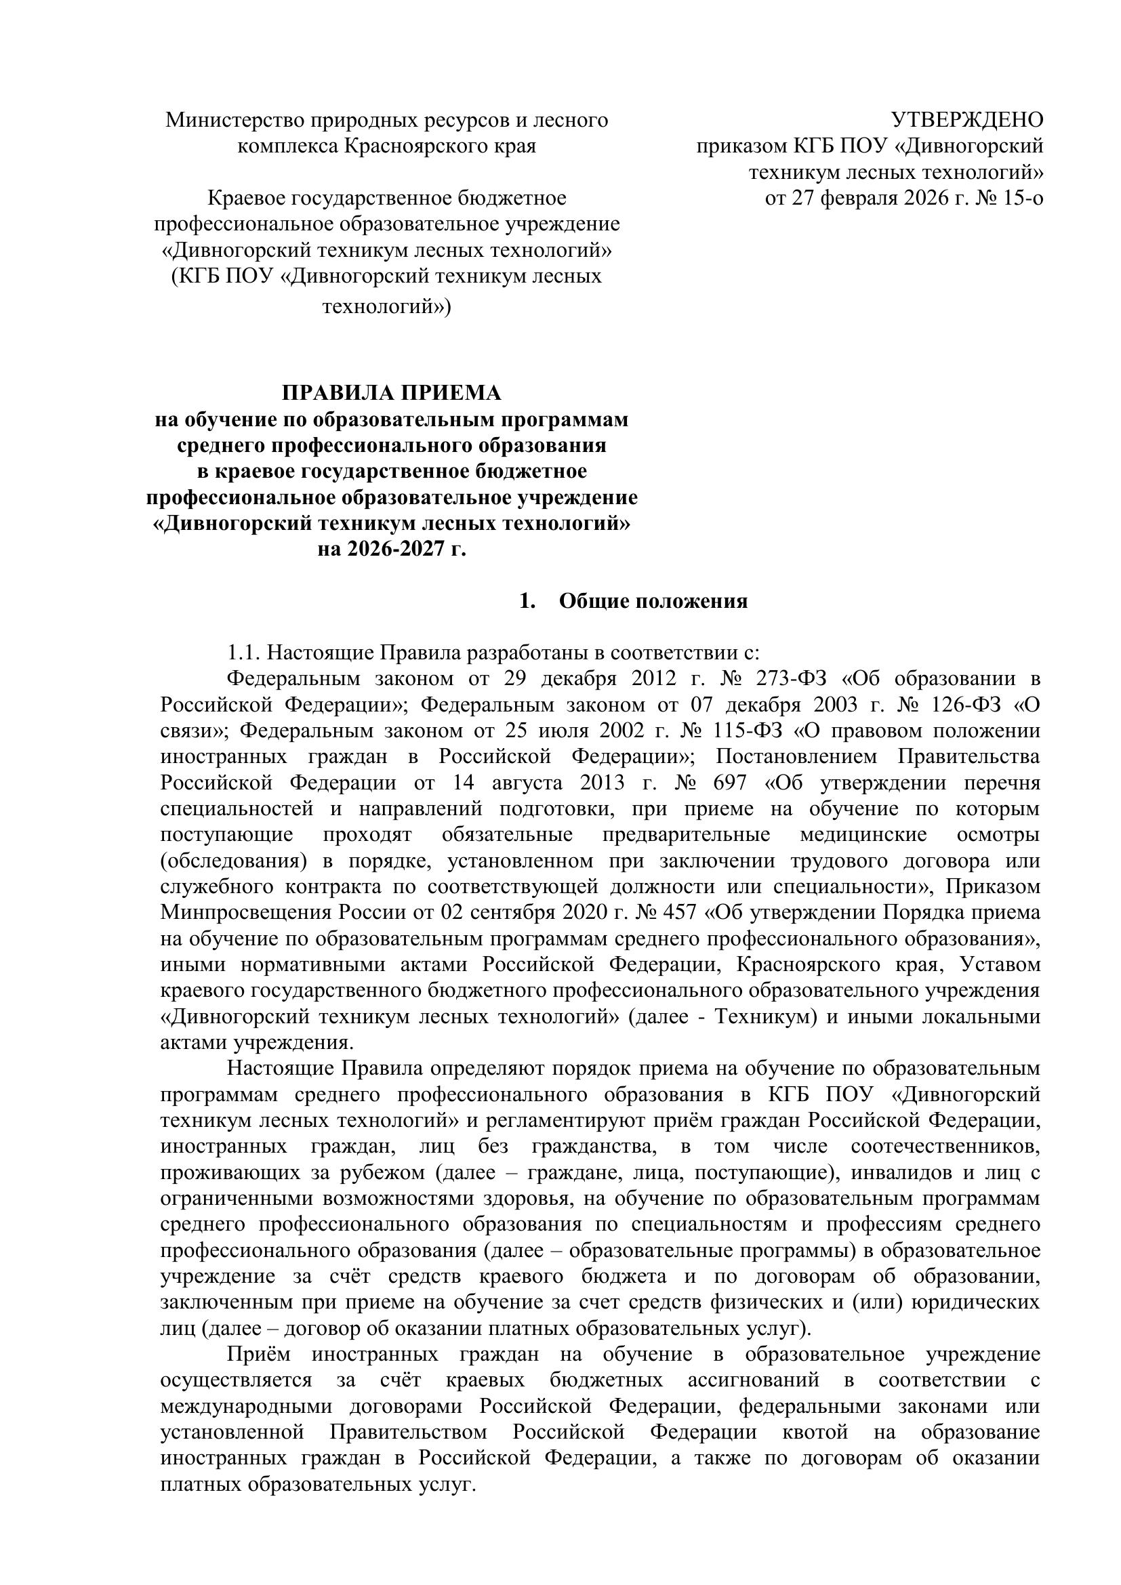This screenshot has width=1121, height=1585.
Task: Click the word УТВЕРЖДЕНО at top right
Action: tap(967, 120)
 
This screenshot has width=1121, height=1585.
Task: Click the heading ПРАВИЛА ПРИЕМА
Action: tap(391, 393)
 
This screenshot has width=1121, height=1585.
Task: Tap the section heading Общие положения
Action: tap(653, 600)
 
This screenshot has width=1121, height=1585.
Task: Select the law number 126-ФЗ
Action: tap(964, 705)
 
